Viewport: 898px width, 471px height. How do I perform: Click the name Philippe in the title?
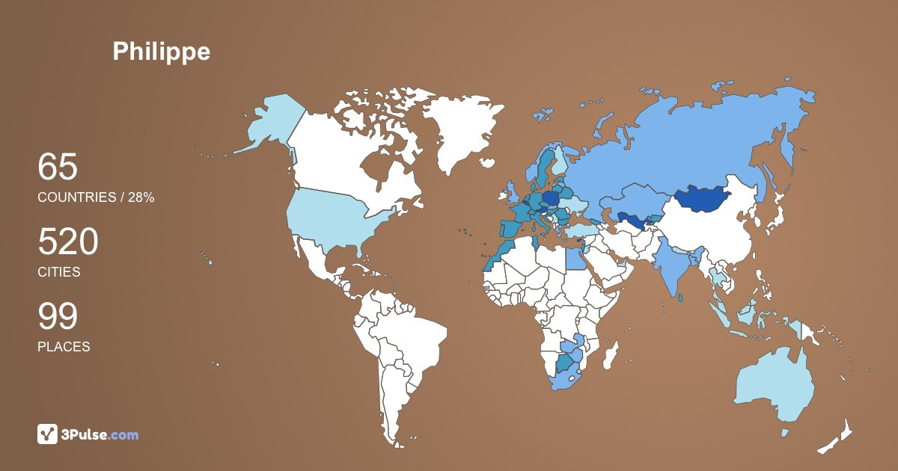tap(161, 51)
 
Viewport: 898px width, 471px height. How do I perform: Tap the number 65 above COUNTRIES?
tap(58, 167)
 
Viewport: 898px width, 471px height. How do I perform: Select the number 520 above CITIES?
tap(68, 242)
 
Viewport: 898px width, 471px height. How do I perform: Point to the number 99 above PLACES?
tap(58, 317)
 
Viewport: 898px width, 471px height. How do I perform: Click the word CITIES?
tap(59, 272)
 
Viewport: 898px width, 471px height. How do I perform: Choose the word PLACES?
tap(64, 347)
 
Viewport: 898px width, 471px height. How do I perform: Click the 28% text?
tap(139, 197)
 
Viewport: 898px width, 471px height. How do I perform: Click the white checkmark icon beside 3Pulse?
tap(48, 434)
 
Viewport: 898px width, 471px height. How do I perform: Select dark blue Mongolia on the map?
tap(703, 199)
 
